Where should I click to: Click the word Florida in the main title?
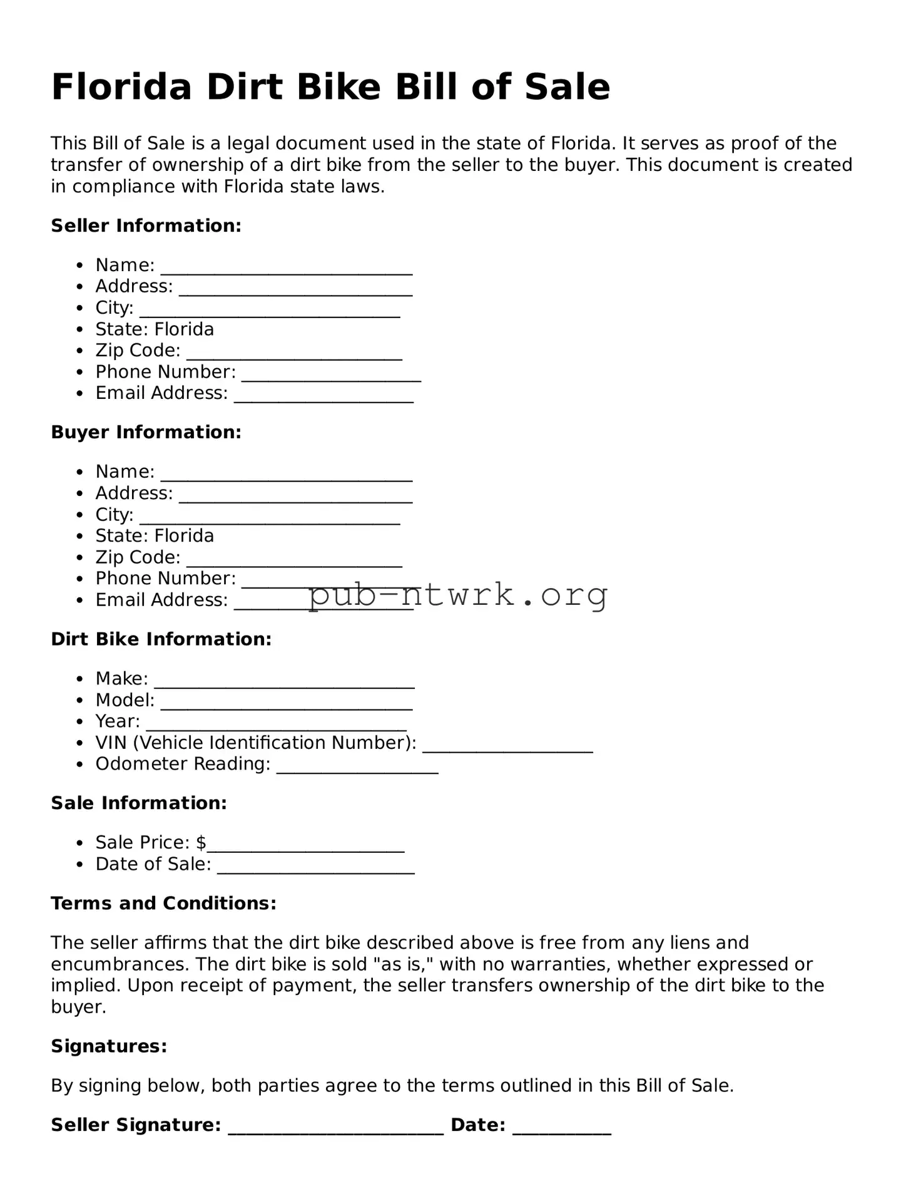pos(121,87)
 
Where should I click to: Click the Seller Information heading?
pos(146,225)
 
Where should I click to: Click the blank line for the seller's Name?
pos(287,269)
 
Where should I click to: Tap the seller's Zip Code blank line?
pos(294,355)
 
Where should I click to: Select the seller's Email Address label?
pos(161,393)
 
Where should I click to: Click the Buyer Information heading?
pos(146,432)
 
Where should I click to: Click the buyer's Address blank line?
pos(295,498)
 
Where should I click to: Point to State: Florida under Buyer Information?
pos(155,536)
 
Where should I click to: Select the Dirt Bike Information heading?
pos(161,639)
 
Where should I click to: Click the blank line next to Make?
pos(284,683)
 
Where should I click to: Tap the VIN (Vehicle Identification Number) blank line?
pos(507,748)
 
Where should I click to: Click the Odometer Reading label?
pos(183,764)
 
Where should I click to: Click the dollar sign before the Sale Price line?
pos(201,843)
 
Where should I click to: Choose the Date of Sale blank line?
pos(315,869)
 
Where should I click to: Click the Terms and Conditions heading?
pos(163,903)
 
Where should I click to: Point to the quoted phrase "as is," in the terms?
pos(404,964)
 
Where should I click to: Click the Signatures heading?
pos(109,1046)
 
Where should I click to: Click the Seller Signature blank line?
pos(336,1129)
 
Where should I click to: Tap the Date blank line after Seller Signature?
pos(561,1129)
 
